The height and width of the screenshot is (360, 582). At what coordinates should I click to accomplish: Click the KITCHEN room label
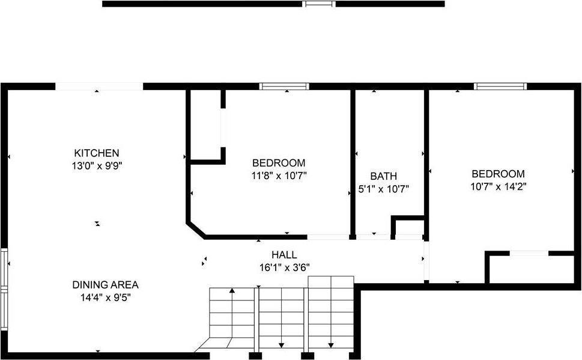[96, 153]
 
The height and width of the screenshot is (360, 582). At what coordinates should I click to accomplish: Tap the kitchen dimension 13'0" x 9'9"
[96, 164]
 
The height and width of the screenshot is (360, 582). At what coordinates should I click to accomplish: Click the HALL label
[283, 255]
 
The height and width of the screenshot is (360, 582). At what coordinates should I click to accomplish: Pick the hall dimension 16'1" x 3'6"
[283, 267]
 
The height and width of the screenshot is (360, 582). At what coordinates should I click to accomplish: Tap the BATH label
[383, 176]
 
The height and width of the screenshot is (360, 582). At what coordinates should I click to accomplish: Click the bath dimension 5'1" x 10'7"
[383, 188]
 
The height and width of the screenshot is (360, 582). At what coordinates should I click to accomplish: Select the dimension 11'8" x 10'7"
[279, 175]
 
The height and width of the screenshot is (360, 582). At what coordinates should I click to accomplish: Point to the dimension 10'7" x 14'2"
[498, 186]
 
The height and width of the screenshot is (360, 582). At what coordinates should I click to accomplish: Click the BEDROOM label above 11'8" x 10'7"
[279, 163]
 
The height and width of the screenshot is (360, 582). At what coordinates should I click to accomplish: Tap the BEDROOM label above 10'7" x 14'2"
[498, 174]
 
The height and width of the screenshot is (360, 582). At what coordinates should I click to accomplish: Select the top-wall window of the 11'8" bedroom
[284, 87]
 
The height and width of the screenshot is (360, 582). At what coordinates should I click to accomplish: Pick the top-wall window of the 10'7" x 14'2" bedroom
[500, 87]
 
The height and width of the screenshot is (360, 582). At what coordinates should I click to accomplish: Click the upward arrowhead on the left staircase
[232, 291]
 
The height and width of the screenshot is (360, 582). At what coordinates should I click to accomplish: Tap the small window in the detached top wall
[318, 4]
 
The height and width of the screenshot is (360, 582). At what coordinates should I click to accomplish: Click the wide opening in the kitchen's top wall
[99, 87]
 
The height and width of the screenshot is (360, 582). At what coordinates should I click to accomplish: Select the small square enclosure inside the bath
[409, 228]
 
